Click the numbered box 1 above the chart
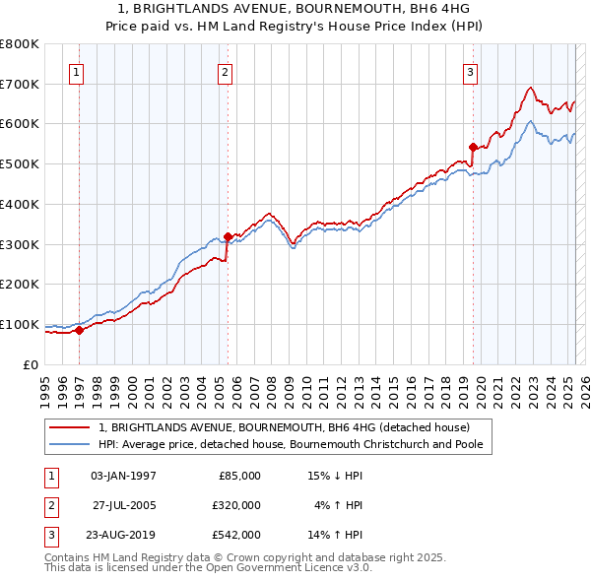[x=77, y=71]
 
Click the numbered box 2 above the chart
[x=226, y=71]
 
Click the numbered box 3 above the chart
[x=471, y=71]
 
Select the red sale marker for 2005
[x=228, y=236]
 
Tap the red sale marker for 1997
[x=80, y=330]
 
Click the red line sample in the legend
[x=70, y=427]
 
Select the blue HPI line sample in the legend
[x=70, y=444]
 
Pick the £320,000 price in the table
[x=236, y=505]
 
